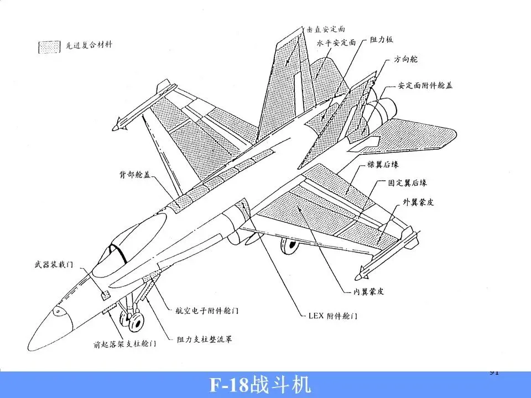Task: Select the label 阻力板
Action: click(x=383, y=40)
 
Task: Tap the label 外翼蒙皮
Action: click(x=418, y=202)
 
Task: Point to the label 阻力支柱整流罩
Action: click(x=205, y=338)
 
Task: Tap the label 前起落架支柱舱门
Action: click(x=124, y=344)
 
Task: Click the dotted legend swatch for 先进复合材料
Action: click(x=49, y=47)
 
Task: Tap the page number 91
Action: click(x=494, y=372)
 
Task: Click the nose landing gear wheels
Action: click(x=133, y=320)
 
